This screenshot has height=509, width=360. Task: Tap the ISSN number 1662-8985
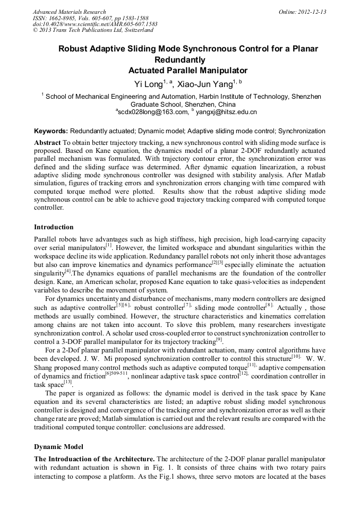[58, 18]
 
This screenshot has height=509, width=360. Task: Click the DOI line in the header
[95, 24]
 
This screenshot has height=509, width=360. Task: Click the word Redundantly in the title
[180, 59]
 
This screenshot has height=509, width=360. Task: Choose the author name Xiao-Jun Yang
[205, 84]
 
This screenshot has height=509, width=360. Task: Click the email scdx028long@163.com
[153, 112]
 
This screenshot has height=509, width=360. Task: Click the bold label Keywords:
[51, 131]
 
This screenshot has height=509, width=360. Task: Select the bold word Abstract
[47, 143]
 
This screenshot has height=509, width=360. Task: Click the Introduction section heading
[54, 227]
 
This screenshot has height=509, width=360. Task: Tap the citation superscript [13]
[67, 382]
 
